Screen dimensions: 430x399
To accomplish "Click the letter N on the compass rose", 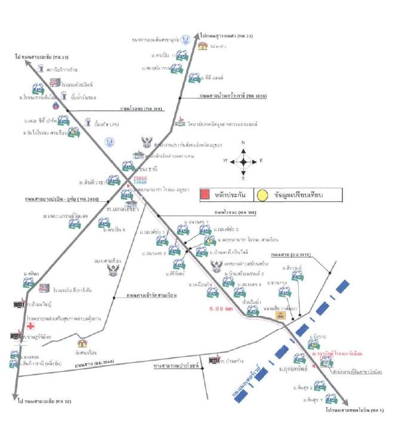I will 243,143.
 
